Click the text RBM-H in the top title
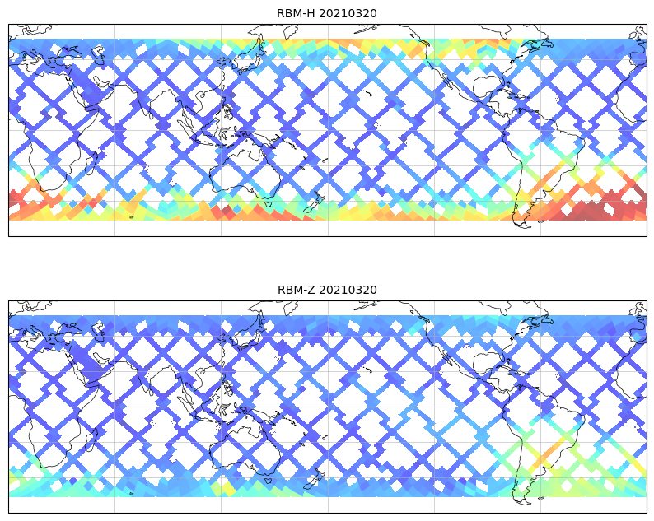[296, 13]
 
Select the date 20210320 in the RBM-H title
[348, 13]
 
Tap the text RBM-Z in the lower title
[296, 290]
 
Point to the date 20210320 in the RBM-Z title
[348, 290]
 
